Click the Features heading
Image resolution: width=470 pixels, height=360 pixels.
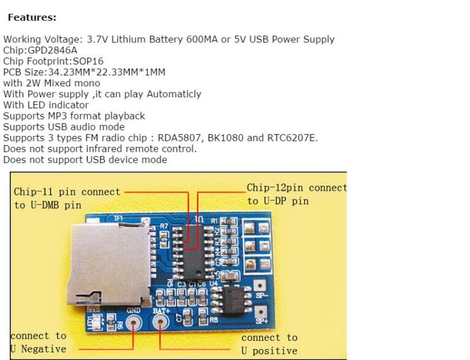32,18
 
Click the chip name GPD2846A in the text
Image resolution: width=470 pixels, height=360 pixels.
53,50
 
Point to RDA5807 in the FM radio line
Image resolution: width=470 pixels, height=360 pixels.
179,138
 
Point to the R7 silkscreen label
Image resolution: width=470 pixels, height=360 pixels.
163,227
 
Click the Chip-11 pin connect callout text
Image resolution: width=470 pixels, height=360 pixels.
67,192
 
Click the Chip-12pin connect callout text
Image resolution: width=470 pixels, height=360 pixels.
296,187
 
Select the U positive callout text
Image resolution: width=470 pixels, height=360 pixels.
269,351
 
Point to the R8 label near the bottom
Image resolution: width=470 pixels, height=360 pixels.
214,320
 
